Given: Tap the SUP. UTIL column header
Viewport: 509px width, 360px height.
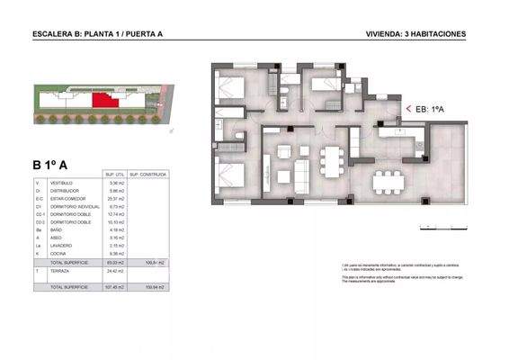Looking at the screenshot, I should tap(114, 175).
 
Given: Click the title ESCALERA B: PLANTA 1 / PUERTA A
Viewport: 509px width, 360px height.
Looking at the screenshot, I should tap(97, 34).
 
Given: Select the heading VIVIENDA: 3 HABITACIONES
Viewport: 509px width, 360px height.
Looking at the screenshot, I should tap(416, 34).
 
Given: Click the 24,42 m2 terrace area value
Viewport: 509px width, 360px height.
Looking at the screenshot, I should tap(114, 269).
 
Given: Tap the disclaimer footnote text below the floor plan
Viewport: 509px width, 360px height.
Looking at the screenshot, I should tap(387, 272).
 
